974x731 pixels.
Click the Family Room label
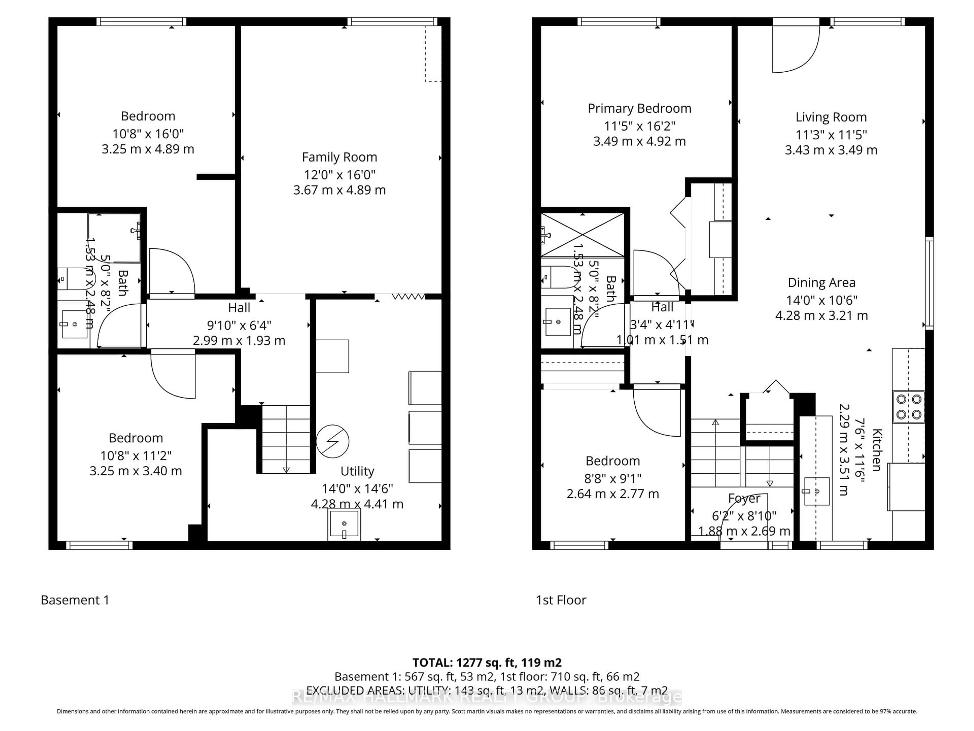[339, 157]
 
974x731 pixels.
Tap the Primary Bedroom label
[639, 108]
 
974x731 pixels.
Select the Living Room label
[831, 117]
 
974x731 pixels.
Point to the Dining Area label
[821, 283]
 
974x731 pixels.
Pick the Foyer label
[744, 498]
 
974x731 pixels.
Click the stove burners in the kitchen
[908, 407]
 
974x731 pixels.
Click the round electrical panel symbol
[333, 441]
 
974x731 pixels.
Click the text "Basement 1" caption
[75, 600]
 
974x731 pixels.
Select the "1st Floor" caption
[561, 600]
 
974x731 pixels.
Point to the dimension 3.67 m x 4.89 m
[339, 190]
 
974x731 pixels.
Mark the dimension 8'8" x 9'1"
[613, 478]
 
